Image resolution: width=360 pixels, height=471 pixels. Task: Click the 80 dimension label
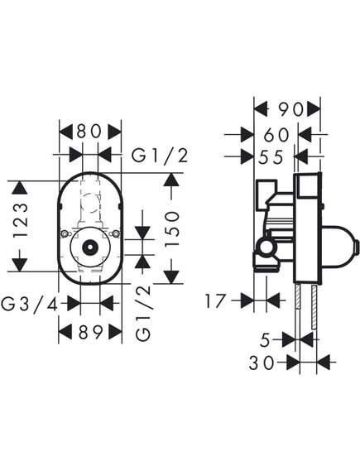(x=89, y=132)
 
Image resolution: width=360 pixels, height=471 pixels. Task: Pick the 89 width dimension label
(x=91, y=333)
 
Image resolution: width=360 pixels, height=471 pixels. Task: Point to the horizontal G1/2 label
(x=160, y=156)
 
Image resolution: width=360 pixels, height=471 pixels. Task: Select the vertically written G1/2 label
(x=143, y=312)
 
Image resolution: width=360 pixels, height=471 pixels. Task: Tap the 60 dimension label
(x=276, y=135)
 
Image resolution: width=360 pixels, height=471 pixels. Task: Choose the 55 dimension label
(x=271, y=156)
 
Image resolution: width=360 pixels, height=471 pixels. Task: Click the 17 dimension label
(x=215, y=301)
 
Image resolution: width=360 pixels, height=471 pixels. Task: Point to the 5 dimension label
(x=265, y=340)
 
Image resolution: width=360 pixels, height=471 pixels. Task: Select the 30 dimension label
(x=262, y=363)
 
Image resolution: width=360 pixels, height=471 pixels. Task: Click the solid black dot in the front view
(x=89, y=248)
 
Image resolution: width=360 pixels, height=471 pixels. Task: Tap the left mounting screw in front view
(x=65, y=233)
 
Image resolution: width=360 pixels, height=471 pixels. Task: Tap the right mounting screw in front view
(x=116, y=233)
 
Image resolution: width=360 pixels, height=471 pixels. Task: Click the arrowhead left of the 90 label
(x=261, y=108)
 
